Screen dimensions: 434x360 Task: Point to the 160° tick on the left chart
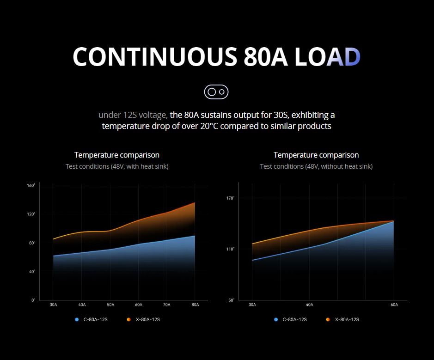coord(31,185)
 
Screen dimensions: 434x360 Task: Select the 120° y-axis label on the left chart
coord(31,214)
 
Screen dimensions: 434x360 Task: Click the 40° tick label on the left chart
coord(32,272)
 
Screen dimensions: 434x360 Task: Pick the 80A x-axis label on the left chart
coord(195,305)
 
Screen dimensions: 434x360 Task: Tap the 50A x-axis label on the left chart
coord(110,305)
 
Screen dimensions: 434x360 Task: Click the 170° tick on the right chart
coord(230,198)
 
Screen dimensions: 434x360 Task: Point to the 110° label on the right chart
coord(230,249)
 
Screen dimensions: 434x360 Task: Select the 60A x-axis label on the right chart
coord(394,305)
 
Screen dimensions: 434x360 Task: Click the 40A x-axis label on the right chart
coord(310,305)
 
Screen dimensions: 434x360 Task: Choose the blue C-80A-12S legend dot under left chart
coord(77,320)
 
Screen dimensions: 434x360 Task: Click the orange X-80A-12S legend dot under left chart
coord(128,320)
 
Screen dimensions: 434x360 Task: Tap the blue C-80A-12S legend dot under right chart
coord(275,320)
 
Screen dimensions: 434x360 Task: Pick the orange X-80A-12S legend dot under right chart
coord(328,320)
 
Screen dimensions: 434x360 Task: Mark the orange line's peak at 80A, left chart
coord(195,202)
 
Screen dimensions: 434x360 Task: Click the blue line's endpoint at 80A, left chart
coord(195,236)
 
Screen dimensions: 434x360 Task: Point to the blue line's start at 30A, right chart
coord(252,260)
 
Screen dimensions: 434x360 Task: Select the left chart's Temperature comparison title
coord(117,155)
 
